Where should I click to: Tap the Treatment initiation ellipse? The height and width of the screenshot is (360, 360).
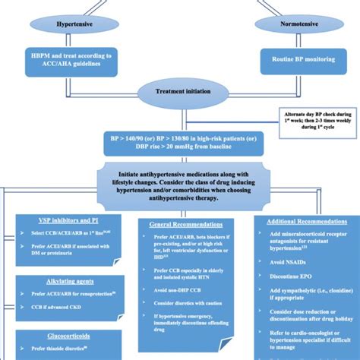pyautogui.click(x=181, y=90)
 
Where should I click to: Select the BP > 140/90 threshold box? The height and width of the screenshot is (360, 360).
pyautogui.click(x=181, y=142)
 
